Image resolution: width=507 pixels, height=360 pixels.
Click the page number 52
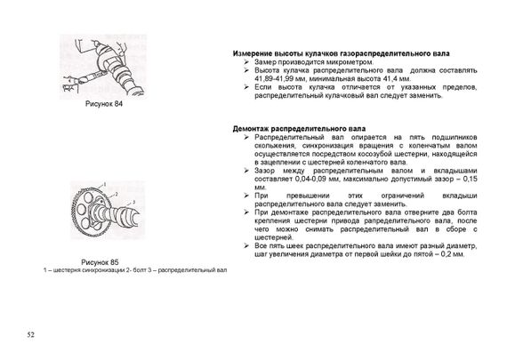[x=30, y=335]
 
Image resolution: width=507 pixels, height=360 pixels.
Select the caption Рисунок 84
[x=104, y=104]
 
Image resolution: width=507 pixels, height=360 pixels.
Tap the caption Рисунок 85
[x=100, y=262]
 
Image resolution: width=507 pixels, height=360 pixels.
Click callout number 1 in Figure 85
[x=105, y=185]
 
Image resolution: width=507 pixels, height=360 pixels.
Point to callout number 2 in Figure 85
[x=117, y=194]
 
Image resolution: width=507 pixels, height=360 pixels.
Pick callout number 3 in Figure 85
[x=133, y=203]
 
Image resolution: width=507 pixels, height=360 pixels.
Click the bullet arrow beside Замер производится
[x=246, y=62]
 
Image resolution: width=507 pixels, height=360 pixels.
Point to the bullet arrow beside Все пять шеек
[x=246, y=246]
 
